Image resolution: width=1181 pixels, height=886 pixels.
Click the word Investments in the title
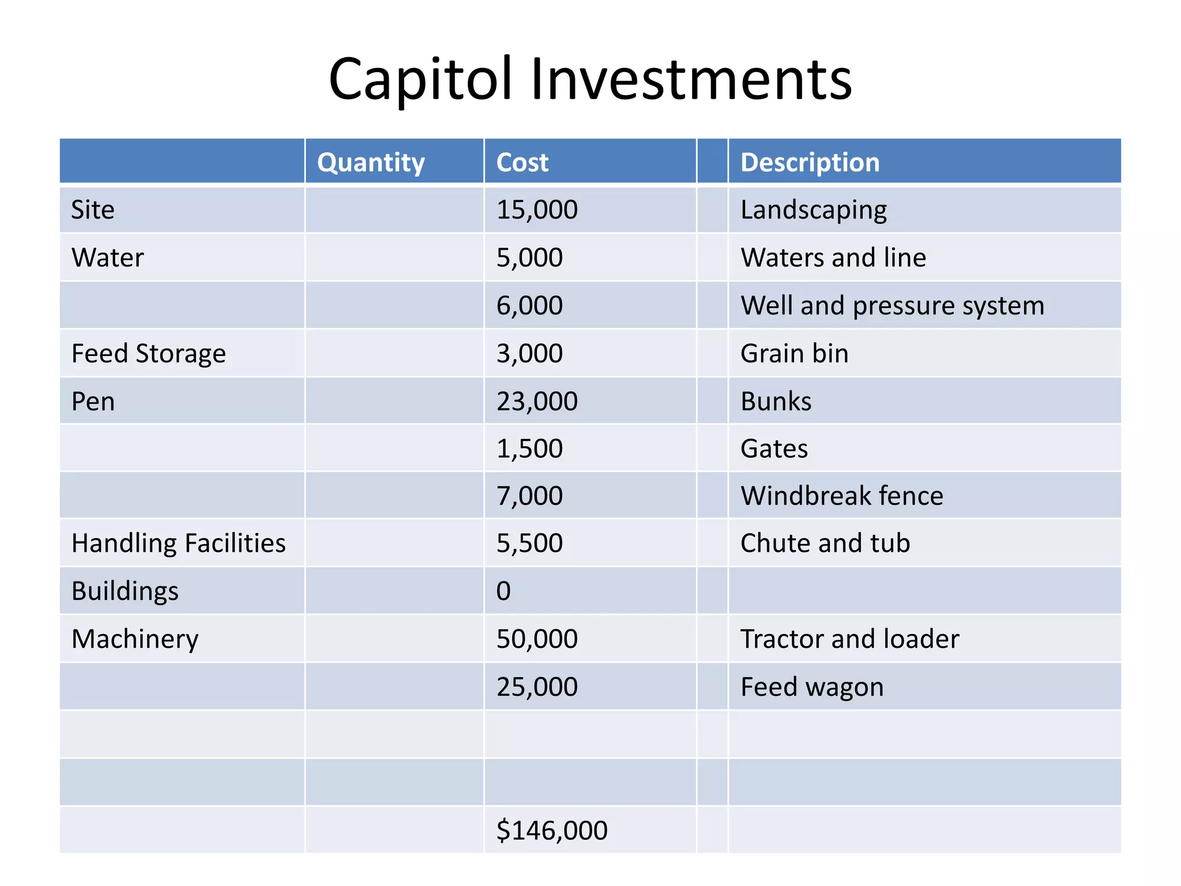691,79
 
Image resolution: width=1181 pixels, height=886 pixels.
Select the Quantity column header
371,162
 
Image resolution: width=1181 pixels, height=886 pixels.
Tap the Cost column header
522,162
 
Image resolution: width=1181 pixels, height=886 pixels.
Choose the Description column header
810,162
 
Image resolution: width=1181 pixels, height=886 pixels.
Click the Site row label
93,209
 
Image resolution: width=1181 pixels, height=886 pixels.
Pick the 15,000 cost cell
537,209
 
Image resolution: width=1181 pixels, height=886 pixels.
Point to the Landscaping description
813,210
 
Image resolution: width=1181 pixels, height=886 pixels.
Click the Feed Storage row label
148,353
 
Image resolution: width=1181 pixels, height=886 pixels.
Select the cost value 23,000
537,401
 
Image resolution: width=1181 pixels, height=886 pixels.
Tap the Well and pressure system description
892,306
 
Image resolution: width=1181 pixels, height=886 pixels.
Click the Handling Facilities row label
178,543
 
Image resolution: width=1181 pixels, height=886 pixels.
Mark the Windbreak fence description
841,495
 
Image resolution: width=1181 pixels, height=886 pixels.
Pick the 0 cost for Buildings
503,591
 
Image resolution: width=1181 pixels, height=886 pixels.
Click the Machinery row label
135,639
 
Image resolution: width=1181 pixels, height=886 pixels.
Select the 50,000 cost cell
537,639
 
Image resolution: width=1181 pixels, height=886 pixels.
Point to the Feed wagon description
811,687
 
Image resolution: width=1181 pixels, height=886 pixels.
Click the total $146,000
552,830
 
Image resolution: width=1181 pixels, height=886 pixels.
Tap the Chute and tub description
825,543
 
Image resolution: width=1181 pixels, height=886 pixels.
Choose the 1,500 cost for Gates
529,449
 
